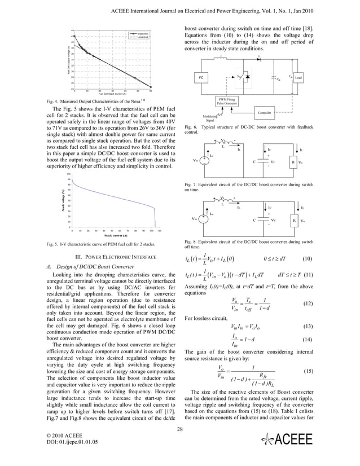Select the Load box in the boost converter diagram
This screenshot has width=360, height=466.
pos(298,77)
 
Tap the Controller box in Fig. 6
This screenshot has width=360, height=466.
pos(264,113)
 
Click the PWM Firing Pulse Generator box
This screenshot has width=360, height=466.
pos(227,102)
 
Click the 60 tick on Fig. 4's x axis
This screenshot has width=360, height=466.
pos(151,91)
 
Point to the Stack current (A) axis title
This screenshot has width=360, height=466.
pos(111,235)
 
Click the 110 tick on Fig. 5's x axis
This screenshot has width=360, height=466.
pos(160,231)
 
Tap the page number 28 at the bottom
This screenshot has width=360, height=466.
pos(180,429)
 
